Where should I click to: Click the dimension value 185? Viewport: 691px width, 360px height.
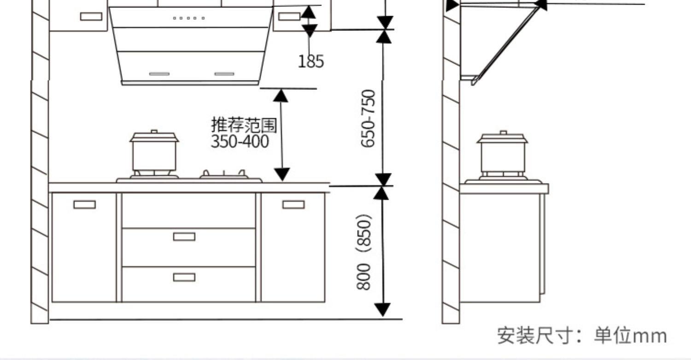(x=311, y=61)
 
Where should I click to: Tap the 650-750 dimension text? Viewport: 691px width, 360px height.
(x=368, y=118)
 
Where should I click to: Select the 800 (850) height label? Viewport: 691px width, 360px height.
(x=364, y=252)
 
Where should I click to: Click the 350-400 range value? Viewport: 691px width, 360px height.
(x=240, y=141)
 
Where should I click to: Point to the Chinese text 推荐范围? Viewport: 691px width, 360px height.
(x=244, y=125)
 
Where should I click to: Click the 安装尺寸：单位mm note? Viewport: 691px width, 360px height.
(x=582, y=335)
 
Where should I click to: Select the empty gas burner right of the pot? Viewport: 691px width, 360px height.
(x=224, y=175)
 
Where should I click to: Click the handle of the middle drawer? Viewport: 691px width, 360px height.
(x=184, y=237)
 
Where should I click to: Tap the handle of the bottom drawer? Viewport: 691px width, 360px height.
(x=184, y=277)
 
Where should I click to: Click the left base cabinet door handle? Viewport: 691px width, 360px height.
(x=85, y=204)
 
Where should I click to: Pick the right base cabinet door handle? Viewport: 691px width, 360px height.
(x=293, y=204)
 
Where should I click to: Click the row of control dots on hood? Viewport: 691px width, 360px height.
(x=189, y=18)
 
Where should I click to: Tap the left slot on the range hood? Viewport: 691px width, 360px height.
(x=159, y=74)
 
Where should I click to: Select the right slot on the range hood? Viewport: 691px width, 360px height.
(x=224, y=74)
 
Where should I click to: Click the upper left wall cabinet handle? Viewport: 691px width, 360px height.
(x=91, y=17)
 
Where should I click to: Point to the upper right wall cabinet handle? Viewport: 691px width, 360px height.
(x=289, y=17)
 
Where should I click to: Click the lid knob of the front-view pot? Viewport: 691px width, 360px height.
(x=154, y=132)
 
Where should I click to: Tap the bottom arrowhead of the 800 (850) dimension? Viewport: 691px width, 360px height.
(x=382, y=310)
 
